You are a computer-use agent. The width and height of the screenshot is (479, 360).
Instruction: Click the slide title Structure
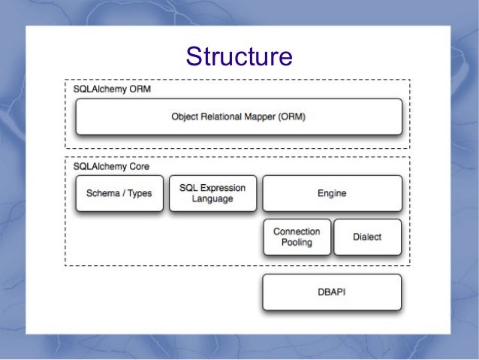click(x=239, y=57)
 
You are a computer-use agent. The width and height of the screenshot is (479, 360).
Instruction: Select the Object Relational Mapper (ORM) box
click(x=239, y=117)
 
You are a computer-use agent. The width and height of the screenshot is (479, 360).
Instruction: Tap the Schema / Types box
click(x=119, y=193)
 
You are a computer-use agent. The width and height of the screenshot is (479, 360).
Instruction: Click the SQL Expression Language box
click(x=212, y=193)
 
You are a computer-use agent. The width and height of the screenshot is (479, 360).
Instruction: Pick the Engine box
click(x=331, y=193)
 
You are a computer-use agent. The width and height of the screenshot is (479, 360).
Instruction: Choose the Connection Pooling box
click(x=297, y=237)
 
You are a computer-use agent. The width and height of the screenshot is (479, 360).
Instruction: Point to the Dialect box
click(x=367, y=237)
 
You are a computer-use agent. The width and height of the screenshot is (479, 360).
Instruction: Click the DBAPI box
click(x=331, y=292)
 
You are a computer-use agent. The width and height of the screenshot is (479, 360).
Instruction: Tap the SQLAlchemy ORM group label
click(x=111, y=88)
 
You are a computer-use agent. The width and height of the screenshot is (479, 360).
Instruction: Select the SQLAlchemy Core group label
click(x=111, y=165)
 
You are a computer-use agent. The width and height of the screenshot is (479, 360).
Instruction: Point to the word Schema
click(x=103, y=193)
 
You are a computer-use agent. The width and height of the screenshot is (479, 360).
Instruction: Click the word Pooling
click(x=297, y=243)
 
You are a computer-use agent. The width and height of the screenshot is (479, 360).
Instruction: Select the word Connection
click(x=297, y=231)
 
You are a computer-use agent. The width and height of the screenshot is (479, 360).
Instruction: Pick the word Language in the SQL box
click(x=212, y=199)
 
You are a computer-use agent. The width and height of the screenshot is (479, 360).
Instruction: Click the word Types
click(x=139, y=193)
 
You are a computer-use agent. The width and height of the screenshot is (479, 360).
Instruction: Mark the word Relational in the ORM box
click(x=222, y=117)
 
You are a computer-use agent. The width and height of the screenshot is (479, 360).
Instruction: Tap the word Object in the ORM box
click(x=185, y=117)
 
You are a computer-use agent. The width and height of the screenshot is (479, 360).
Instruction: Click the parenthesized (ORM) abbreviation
click(x=294, y=117)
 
